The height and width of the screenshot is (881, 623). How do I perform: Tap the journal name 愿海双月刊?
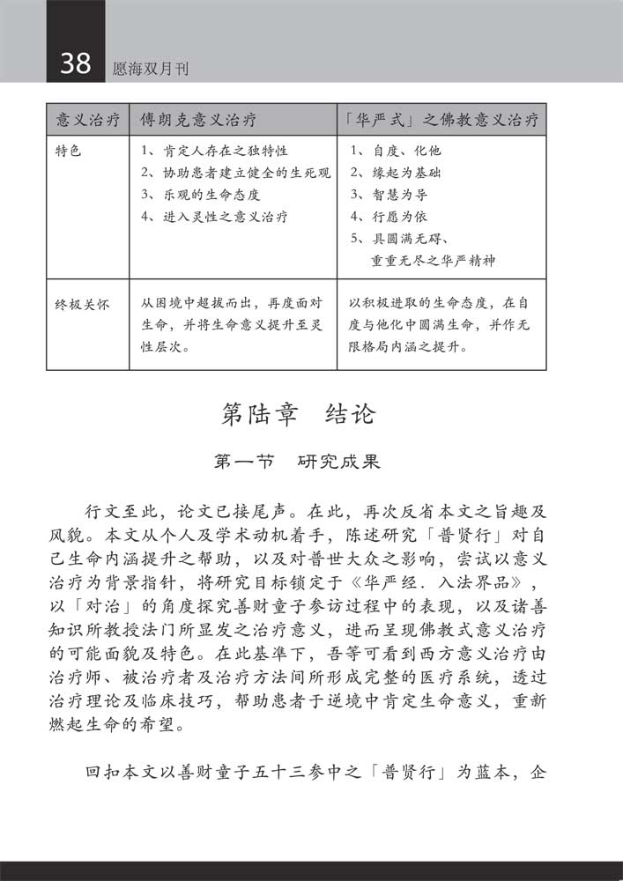coord(152,68)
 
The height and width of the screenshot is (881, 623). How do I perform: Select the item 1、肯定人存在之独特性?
coord(214,152)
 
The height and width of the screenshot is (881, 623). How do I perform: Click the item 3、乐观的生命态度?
coord(201,195)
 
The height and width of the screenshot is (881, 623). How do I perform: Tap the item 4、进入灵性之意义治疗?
coord(214,217)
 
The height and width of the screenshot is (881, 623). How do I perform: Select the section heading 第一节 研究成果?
coord(298,461)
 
